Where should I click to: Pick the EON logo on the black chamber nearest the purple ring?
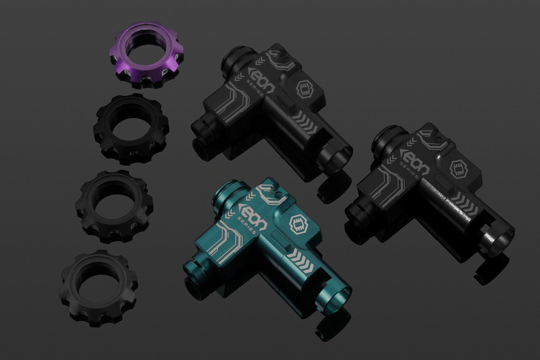tap(262, 81)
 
